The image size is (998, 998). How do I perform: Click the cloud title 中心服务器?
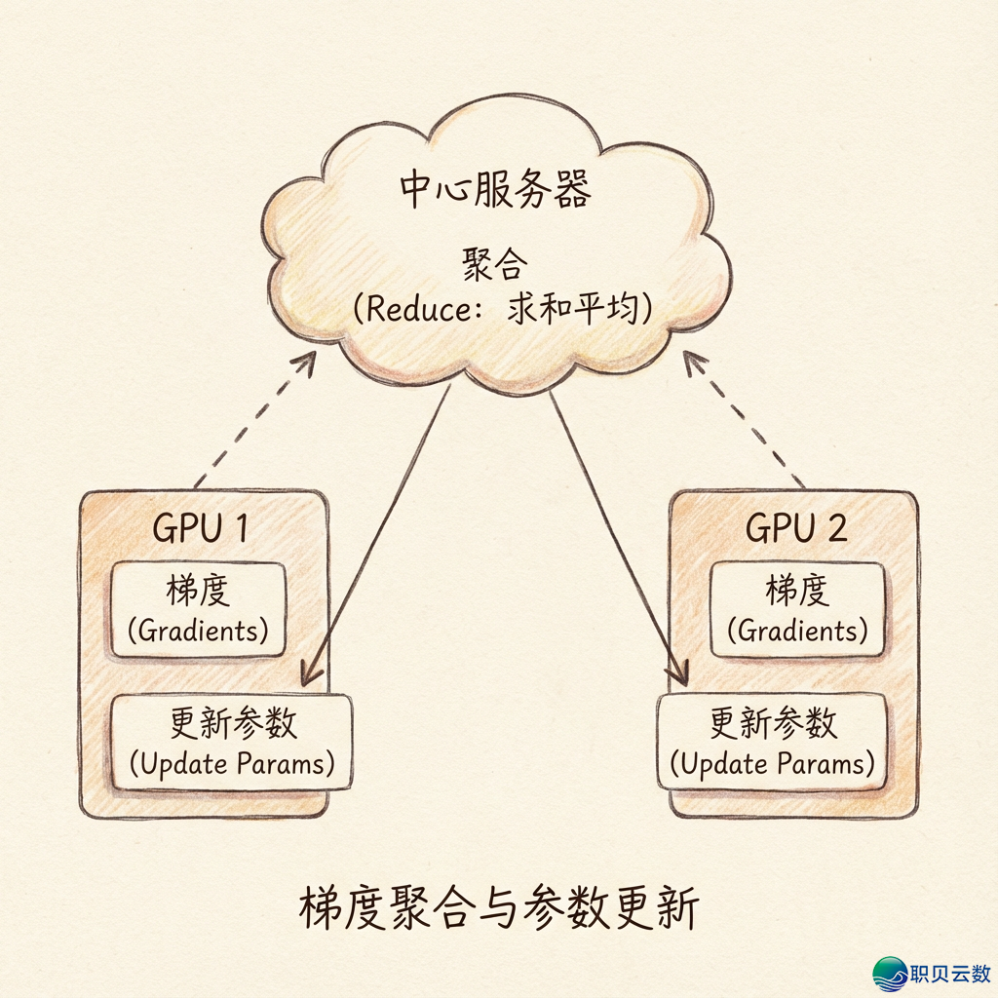pos(495,190)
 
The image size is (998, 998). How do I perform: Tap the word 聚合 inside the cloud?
pos(494,264)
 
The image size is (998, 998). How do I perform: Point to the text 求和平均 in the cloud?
pos(572,309)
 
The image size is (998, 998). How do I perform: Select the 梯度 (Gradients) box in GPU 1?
pos(199,610)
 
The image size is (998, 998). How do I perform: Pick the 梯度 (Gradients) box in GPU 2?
pos(797,610)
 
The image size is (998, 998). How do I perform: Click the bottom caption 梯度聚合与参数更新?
pos(497,911)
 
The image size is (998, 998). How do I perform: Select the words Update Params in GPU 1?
pos(232,763)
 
